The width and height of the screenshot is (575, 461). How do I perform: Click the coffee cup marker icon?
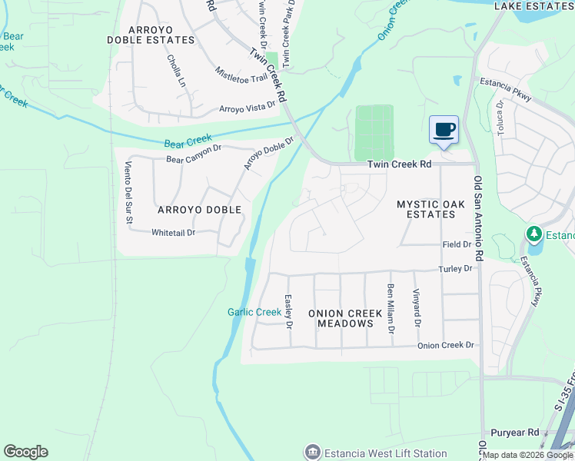tap(444, 130)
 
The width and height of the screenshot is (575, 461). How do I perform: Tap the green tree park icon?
tap(533, 233)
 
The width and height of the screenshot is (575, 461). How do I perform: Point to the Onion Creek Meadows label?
tap(341, 318)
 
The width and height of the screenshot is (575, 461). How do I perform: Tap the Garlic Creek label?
tap(254, 312)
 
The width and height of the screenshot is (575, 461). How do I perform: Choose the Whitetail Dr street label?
tap(173, 232)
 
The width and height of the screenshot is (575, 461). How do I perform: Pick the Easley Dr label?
tap(289, 312)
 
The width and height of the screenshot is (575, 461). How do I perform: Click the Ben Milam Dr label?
tap(391, 308)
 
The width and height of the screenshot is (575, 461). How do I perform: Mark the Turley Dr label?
tap(455, 268)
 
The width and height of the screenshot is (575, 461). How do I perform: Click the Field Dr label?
tap(457, 244)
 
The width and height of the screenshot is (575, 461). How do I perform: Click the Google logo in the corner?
tap(25, 452)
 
